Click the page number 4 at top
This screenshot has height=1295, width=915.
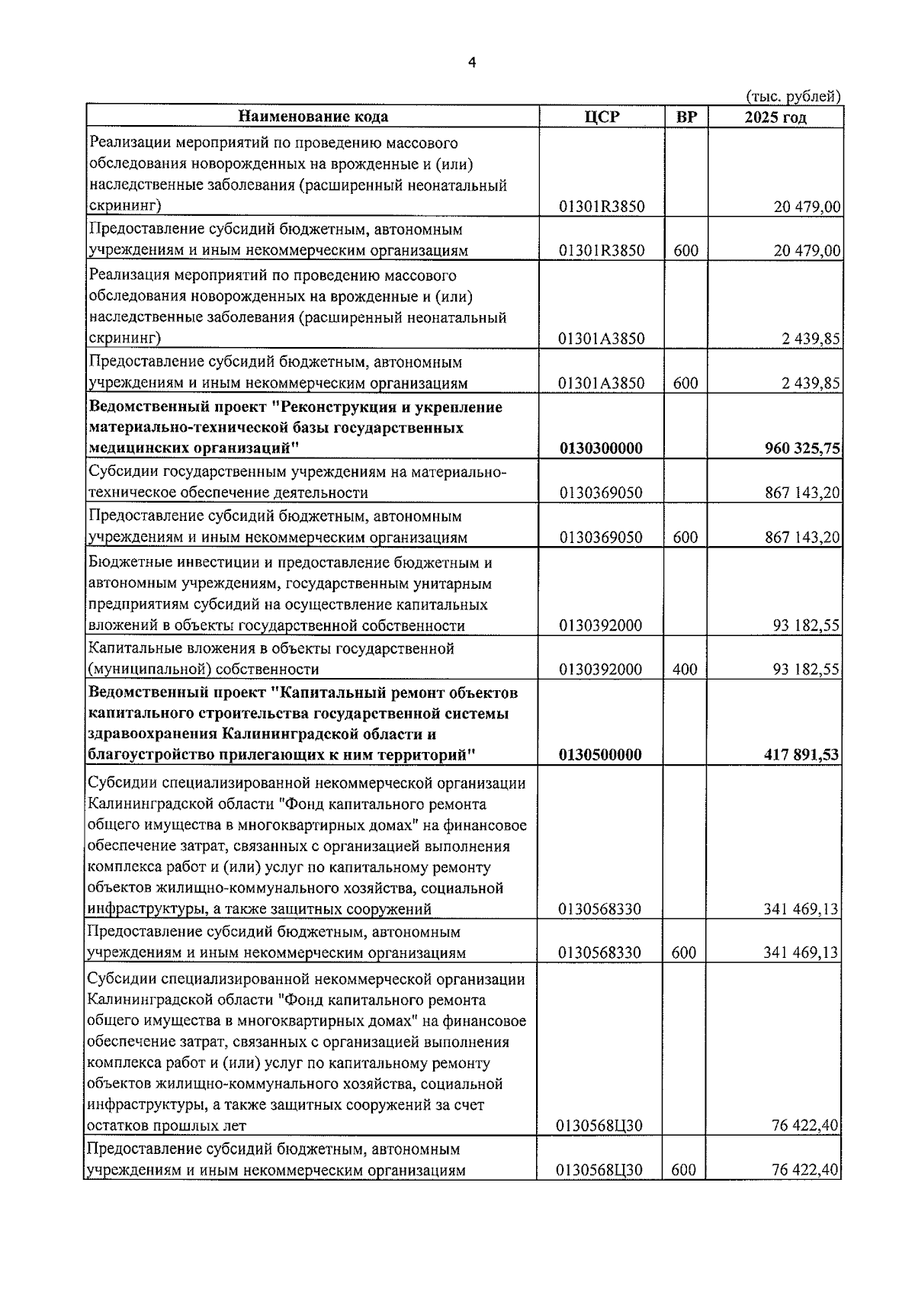[x=471, y=64]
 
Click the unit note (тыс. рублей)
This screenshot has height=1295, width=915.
[x=792, y=96]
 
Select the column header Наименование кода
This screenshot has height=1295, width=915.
[x=313, y=117]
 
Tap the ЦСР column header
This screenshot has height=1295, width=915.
[x=602, y=117]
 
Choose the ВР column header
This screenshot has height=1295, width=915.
[x=686, y=117]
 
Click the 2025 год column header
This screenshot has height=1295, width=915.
[x=775, y=117]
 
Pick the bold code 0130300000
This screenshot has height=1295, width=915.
[x=601, y=448]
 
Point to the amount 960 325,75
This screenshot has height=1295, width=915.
[x=802, y=448]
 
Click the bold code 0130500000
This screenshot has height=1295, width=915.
[x=601, y=755]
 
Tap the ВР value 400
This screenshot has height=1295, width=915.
[x=685, y=670]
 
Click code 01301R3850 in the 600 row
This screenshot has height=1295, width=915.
[x=601, y=251]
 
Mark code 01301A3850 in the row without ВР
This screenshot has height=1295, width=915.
[x=601, y=339]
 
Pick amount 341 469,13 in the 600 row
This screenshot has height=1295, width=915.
[x=801, y=953]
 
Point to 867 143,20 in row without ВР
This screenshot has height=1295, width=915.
[x=802, y=493]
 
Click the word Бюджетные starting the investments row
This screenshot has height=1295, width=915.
[x=128, y=563]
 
